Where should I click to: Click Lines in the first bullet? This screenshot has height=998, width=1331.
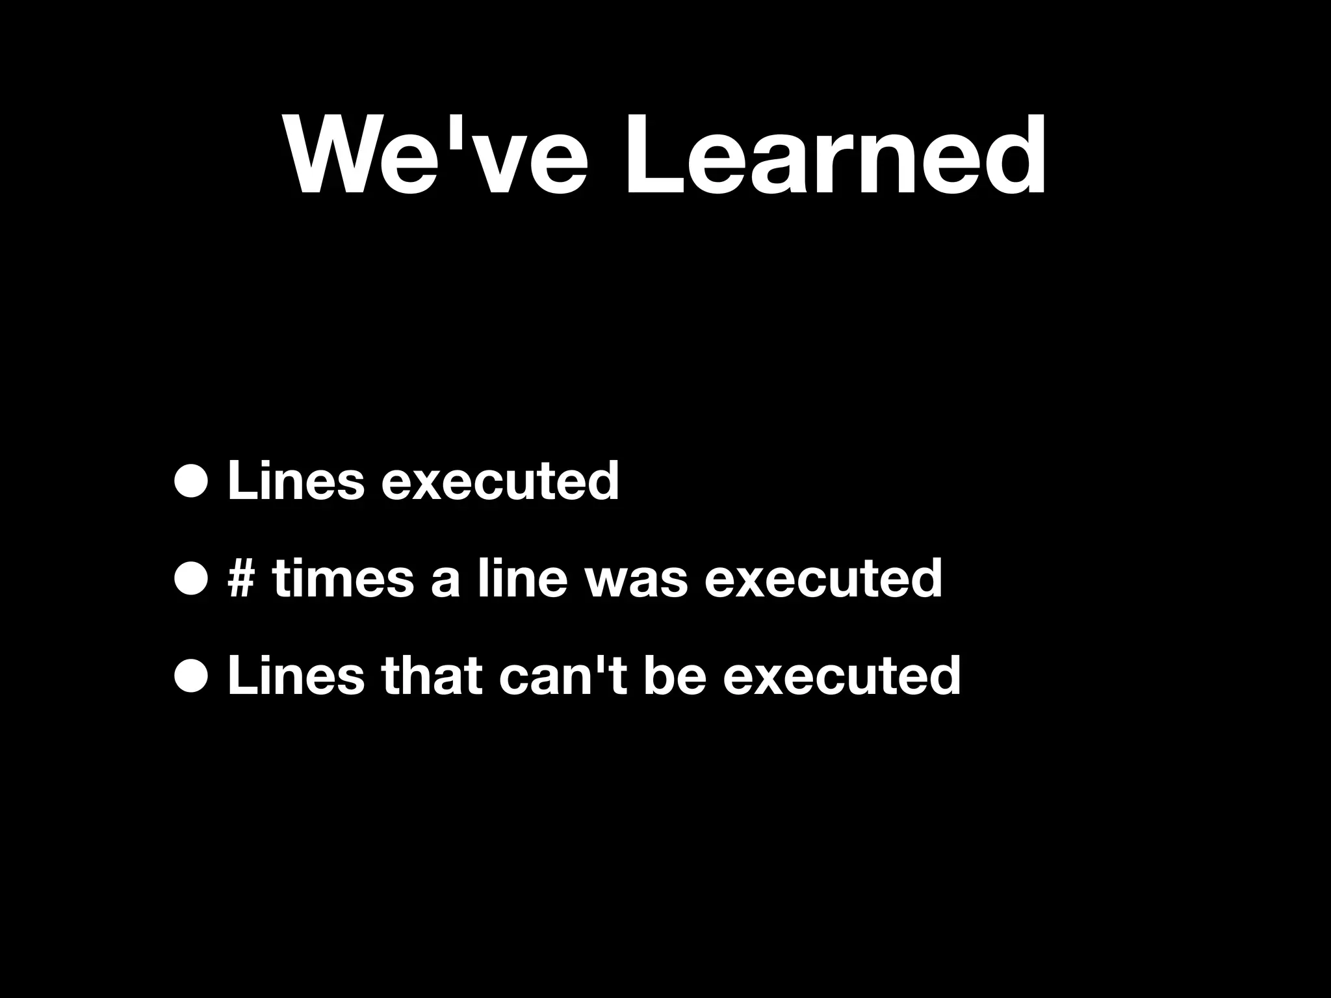click(x=296, y=481)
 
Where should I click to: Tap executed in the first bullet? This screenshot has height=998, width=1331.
click(x=500, y=481)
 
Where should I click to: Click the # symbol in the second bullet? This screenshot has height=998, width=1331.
click(x=241, y=578)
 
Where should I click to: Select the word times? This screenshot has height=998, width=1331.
click(x=343, y=578)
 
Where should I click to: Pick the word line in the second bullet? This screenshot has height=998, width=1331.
click(x=523, y=578)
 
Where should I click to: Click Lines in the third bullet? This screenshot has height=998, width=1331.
click(x=296, y=676)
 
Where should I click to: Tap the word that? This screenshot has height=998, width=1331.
click(x=432, y=676)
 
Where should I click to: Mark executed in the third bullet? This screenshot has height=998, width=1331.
click(x=841, y=676)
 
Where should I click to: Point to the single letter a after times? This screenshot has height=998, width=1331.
click(x=445, y=581)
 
